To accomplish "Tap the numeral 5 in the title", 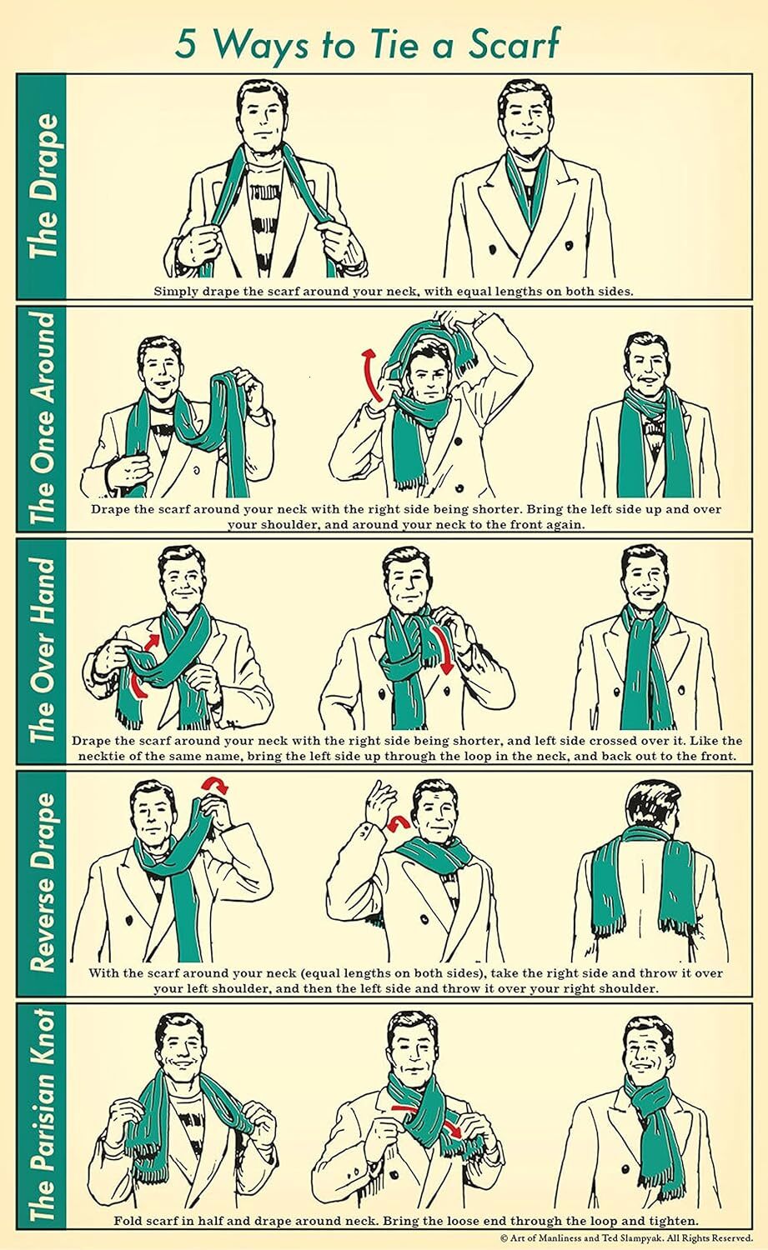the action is [187, 45].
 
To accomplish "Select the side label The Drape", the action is [43, 186].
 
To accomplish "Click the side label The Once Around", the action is [43, 418].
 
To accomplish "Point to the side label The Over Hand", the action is [43, 650].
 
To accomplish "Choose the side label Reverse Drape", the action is [43, 882].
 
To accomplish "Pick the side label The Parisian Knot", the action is [43, 1116].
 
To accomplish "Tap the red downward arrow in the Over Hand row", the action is [443, 649].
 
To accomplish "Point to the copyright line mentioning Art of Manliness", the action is [626, 1238].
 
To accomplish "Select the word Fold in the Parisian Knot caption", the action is [127, 1221].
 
